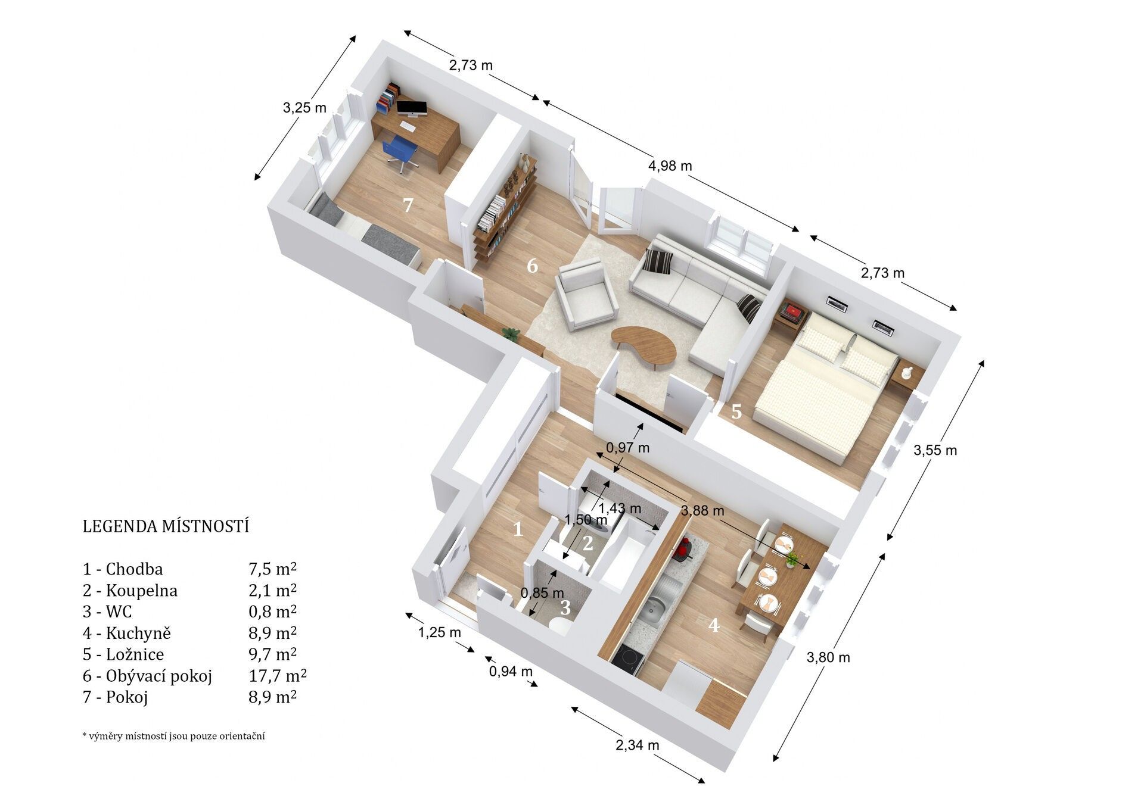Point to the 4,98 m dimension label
[x=670, y=166]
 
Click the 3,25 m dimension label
[x=304, y=108]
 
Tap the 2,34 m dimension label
[x=638, y=745]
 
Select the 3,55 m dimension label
[x=935, y=451]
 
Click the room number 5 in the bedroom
[x=736, y=411]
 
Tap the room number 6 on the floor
[x=532, y=266]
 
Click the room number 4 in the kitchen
[x=713, y=625]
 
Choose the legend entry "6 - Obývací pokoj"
[x=147, y=676]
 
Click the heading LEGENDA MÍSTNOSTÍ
[x=166, y=526]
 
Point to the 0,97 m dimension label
[x=627, y=448]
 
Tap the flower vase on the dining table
[x=792, y=559]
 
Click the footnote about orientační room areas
[x=173, y=736]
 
